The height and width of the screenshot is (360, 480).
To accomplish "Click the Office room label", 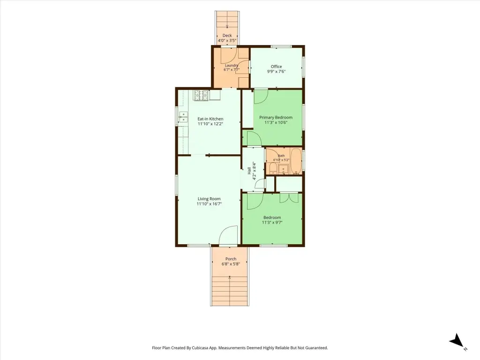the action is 276,67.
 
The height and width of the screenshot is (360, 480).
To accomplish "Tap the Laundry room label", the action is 232,65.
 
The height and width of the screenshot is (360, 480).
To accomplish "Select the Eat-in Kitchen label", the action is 210,119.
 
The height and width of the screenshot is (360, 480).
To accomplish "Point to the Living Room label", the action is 209,199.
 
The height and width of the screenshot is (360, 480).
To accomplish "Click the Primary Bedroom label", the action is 276,117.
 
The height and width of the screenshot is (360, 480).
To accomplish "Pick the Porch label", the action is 231,259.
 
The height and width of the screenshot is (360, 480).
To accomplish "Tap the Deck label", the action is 227,36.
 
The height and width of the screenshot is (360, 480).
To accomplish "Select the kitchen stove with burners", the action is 201,95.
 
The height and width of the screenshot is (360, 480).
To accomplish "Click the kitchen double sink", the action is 183,117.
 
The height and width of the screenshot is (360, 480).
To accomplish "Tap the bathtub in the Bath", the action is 296,161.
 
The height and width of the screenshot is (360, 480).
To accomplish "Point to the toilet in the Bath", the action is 273,168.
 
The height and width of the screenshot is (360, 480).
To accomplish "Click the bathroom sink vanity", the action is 283,169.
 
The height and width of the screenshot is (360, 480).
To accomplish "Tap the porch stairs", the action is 230,290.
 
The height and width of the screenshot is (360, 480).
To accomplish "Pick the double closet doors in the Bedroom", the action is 289,198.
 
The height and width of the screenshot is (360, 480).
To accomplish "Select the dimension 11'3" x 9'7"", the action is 272,223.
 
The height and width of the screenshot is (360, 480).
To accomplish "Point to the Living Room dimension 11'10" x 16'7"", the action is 209,203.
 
